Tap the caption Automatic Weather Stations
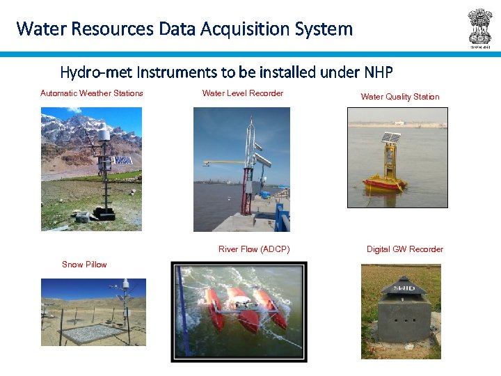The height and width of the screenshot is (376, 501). tap(92, 93)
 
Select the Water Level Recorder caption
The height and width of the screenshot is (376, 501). tap(243, 93)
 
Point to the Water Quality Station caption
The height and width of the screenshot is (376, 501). tap(400, 97)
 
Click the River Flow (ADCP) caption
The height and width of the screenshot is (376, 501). tap(254, 249)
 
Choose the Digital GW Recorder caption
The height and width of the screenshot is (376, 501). tap(405, 249)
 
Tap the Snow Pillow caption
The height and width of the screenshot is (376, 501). tap(84, 265)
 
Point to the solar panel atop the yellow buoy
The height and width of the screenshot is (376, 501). tap(391, 138)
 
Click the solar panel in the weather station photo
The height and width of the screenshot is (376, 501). tap(122, 160)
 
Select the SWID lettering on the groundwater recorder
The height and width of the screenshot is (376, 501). tap(403, 288)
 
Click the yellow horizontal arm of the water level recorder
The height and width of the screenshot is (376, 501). tap(224, 163)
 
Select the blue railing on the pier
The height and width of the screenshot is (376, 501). tap(282, 217)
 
